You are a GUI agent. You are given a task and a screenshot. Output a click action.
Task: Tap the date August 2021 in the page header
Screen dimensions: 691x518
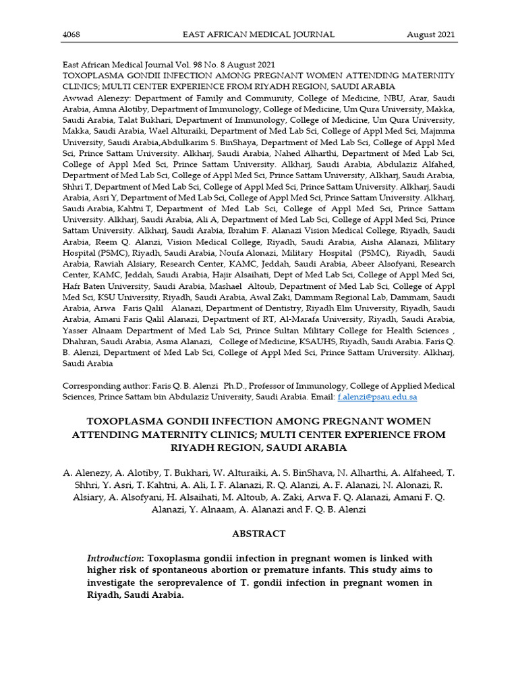[x=430, y=34]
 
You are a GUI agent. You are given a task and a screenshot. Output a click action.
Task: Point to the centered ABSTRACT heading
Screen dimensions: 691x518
[x=258, y=533]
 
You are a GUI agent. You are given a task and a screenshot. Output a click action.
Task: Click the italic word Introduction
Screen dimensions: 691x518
[x=115, y=559]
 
